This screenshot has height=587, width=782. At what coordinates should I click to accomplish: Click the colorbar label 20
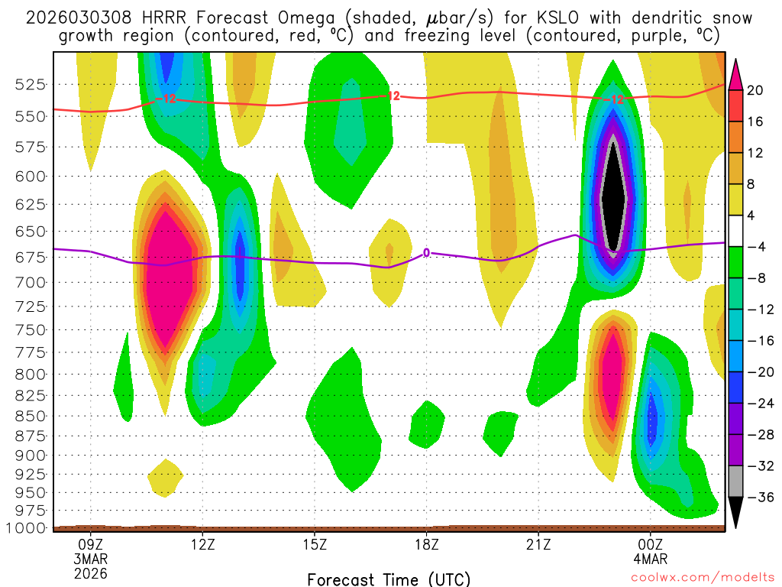[x=755, y=90]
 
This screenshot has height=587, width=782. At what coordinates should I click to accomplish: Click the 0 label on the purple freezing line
[x=426, y=252]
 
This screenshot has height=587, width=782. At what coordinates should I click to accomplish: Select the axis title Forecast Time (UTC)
[x=389, y=579]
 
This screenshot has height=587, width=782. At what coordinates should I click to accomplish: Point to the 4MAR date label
[x=650, y=559]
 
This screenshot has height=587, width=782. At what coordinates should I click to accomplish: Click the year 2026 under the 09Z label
[x=91, y=573]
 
